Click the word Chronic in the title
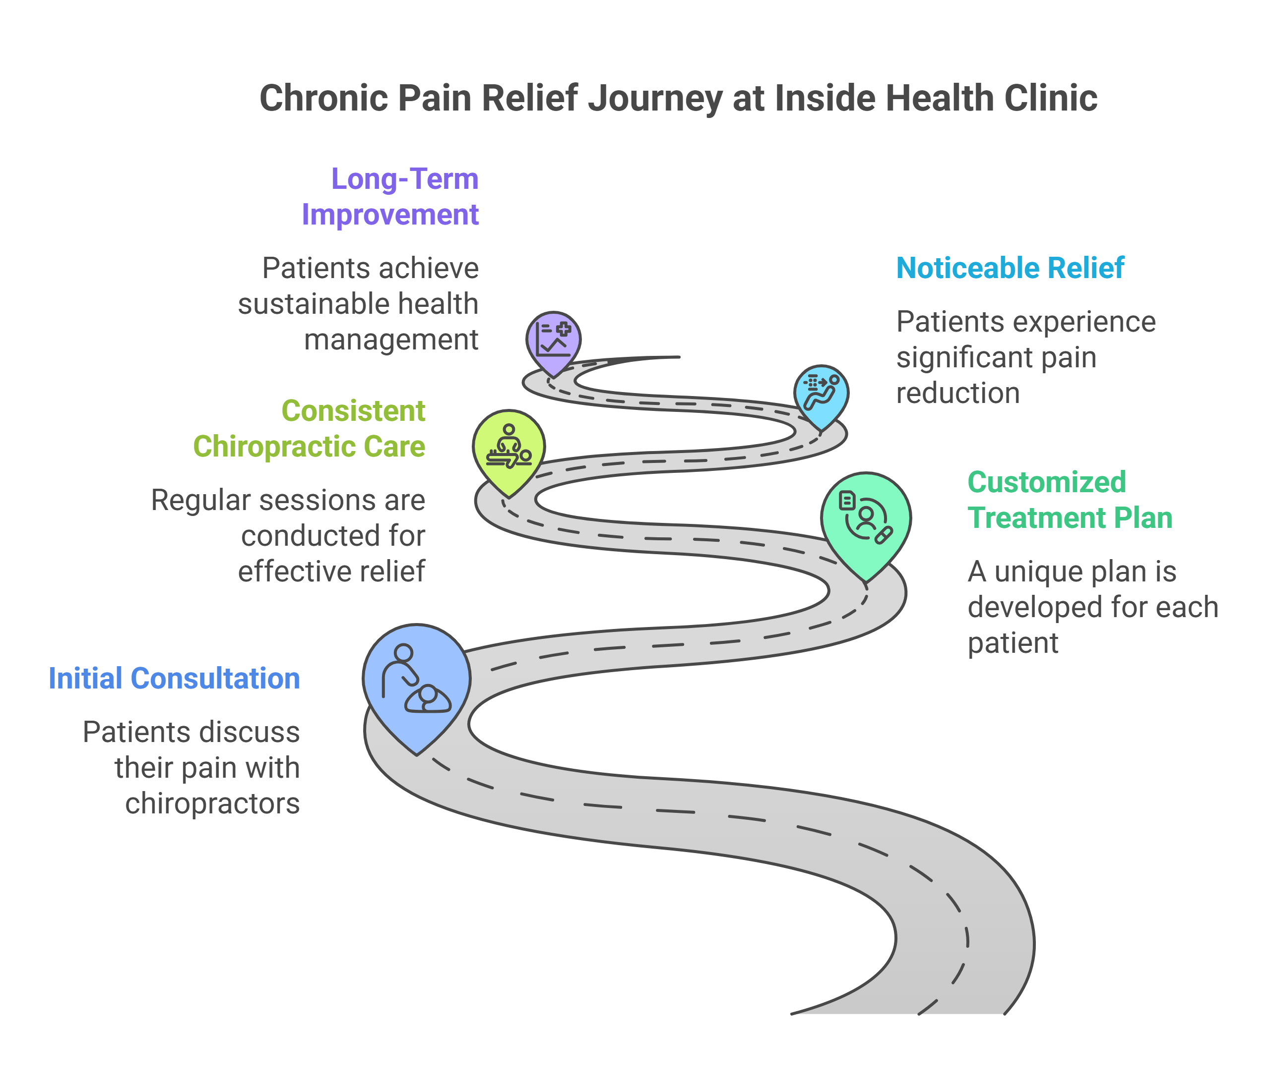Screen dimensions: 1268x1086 [x=324, y=98]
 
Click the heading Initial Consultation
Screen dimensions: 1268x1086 [x=175, y=678]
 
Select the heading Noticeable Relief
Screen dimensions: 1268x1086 [x=1011, y=268]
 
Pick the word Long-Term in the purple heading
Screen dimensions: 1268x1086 [x=405, y=178]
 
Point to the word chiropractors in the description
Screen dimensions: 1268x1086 [x=212, y=803]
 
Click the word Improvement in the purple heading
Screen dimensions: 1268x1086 [x=390, y=215]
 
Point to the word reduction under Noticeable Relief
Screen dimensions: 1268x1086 [x=958, y=393]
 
